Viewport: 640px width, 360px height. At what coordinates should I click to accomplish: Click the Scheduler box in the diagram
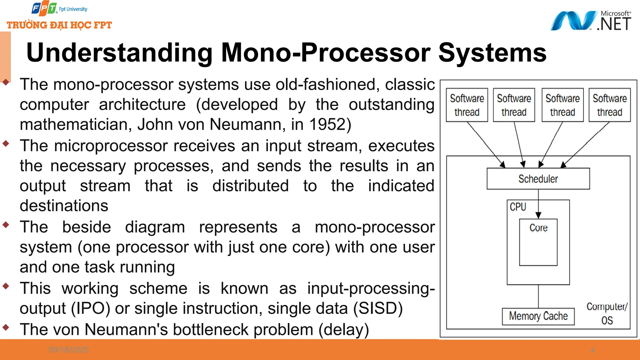click(538, 179)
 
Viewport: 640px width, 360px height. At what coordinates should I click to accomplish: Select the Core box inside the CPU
click(538, 242)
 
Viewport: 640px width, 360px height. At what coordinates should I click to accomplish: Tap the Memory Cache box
click(538, 316)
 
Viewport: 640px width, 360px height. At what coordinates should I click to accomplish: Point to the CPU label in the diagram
click(518, 207)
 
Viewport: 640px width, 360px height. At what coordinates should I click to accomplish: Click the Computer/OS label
click(607, 313)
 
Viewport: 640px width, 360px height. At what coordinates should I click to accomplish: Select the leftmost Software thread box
click(467, 105)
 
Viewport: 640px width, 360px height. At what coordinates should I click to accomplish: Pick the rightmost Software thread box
click(609, 105)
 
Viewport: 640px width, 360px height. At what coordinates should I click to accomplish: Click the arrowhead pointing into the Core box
click(538, 215)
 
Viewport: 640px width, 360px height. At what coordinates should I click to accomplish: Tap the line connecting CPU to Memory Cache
click(538, 296)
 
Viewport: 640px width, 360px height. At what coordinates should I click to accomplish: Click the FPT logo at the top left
click(44, 9)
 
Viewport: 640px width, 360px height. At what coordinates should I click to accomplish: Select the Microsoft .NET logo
click(591, 21)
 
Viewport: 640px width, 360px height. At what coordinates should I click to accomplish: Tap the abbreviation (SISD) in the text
click(378, 308)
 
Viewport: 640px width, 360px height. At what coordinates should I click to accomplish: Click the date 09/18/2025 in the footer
click(69, 350)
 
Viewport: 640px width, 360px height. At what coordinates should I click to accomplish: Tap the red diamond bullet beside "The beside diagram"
click(6, 225)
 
